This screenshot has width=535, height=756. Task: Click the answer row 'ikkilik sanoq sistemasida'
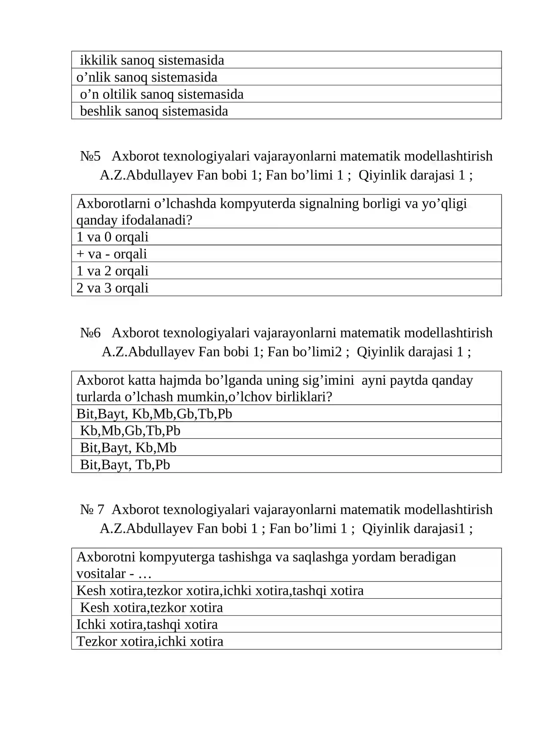click(152, 60)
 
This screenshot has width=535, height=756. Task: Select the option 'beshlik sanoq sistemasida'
click(154, 111)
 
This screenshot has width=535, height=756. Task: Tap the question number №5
click(90, 156)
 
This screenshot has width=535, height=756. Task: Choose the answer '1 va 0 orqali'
click(112, 237)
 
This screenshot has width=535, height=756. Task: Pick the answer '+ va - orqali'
click(112, 254)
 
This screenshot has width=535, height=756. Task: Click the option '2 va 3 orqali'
click(112, 288)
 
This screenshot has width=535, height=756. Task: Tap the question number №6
click(90, 333)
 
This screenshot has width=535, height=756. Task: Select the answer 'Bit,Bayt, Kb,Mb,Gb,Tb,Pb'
click(154, 414)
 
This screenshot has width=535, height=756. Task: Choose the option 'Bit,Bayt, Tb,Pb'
click(125, 465)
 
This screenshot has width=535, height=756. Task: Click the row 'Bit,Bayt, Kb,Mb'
click(128, 448)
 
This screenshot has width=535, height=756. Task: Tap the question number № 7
click(92, 510)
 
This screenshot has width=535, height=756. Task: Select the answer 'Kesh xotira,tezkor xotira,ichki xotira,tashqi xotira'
click(220, 591)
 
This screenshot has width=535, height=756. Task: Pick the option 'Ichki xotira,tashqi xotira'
click(147, 625)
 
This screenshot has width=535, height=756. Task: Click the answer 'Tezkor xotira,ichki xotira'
click(149, 642)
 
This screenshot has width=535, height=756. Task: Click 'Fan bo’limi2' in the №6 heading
click(304, 352)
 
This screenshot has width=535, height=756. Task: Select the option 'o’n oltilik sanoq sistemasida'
click(162, 94)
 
